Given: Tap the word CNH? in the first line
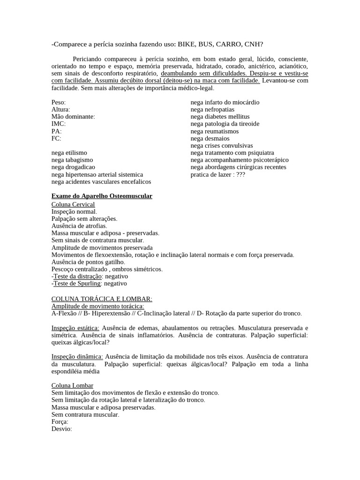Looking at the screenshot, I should pos(254,44).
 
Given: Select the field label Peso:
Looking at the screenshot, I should pos(59,102).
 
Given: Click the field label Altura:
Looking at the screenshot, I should pos(60,109).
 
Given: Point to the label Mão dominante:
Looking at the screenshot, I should pos(73,117).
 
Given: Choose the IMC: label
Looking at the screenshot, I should pos(59,124).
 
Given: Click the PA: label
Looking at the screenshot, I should pos(57,131).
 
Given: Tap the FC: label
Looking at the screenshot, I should pos(56,138).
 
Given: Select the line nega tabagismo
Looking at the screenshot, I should pos(72,160).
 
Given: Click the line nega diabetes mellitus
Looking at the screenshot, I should pos(220,117).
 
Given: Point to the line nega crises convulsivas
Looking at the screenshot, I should pos(222,145).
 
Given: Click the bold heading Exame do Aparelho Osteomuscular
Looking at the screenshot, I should pos(102,196).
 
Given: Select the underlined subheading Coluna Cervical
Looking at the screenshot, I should pos(73,204).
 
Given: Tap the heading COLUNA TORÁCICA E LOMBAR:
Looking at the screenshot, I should pos(102,299).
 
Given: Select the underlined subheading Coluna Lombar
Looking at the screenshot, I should pos(72,385).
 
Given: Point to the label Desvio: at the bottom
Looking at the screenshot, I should pos(62,428).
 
